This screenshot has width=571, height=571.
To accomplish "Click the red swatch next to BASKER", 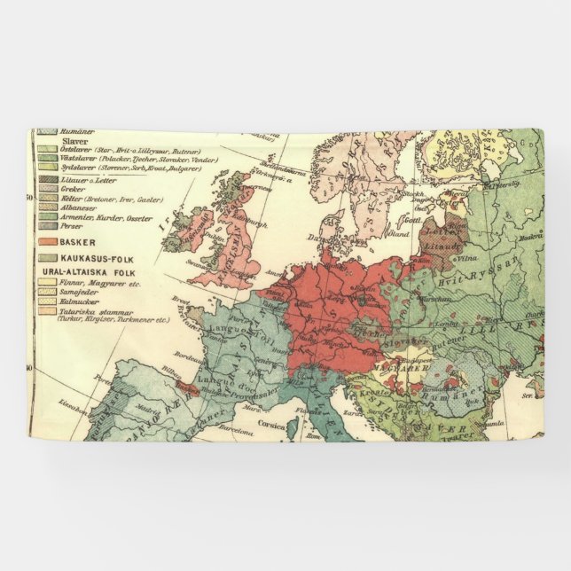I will [x=45, y=241].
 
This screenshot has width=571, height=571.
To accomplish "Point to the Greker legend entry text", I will [x=74, y=188].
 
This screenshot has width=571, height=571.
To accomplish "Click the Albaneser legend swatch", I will [x=45, y=207].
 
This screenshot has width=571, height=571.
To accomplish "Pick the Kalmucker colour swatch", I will [x=45, y=301].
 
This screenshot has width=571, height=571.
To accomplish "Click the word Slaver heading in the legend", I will [x=73, y=140].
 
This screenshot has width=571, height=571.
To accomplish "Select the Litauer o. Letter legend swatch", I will [x=45, y=179].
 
